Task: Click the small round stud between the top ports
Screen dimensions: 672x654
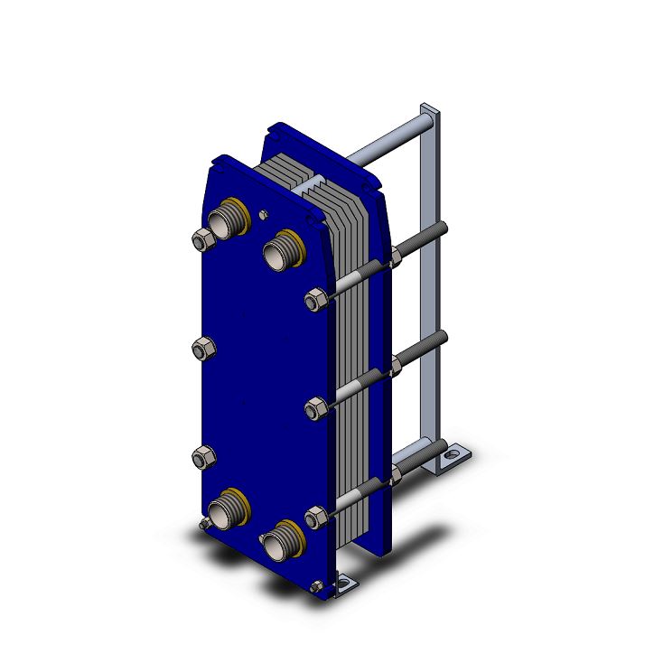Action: point(262,215)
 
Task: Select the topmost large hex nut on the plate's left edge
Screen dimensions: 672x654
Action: point(202,240)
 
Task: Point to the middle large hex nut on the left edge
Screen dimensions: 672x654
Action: point(202,348)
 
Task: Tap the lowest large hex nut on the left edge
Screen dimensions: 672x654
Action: point(202,458)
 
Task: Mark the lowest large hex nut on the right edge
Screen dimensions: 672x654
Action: point(316,518)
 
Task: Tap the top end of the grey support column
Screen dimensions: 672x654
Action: point(430,112)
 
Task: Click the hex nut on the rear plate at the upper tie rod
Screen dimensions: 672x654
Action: point(396,261)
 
